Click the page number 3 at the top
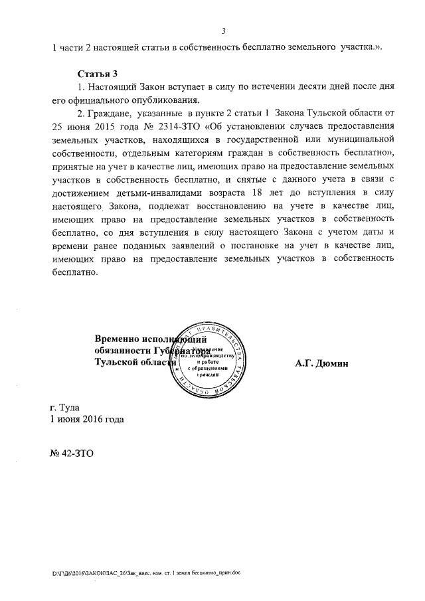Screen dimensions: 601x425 tap(224, 31)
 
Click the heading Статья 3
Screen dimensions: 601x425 tap(98, 73)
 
